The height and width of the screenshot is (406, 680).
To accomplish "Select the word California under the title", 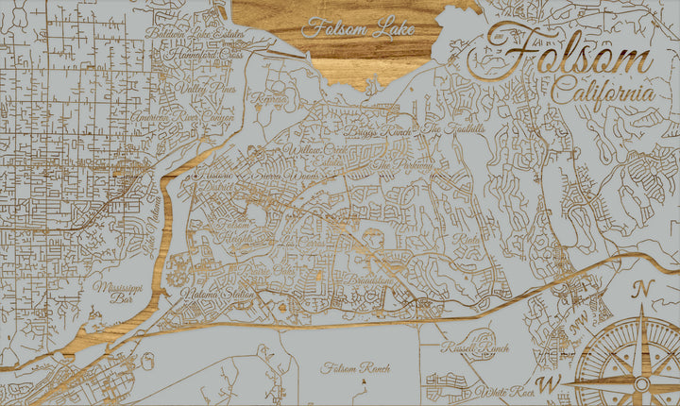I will [603, 94].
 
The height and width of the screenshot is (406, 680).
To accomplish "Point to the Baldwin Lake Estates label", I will [195, 36].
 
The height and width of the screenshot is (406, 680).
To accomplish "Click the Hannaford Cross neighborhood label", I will [204, 55].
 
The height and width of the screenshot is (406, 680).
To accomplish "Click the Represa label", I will [270, 97].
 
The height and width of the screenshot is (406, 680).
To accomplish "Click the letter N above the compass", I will [643, 289].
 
